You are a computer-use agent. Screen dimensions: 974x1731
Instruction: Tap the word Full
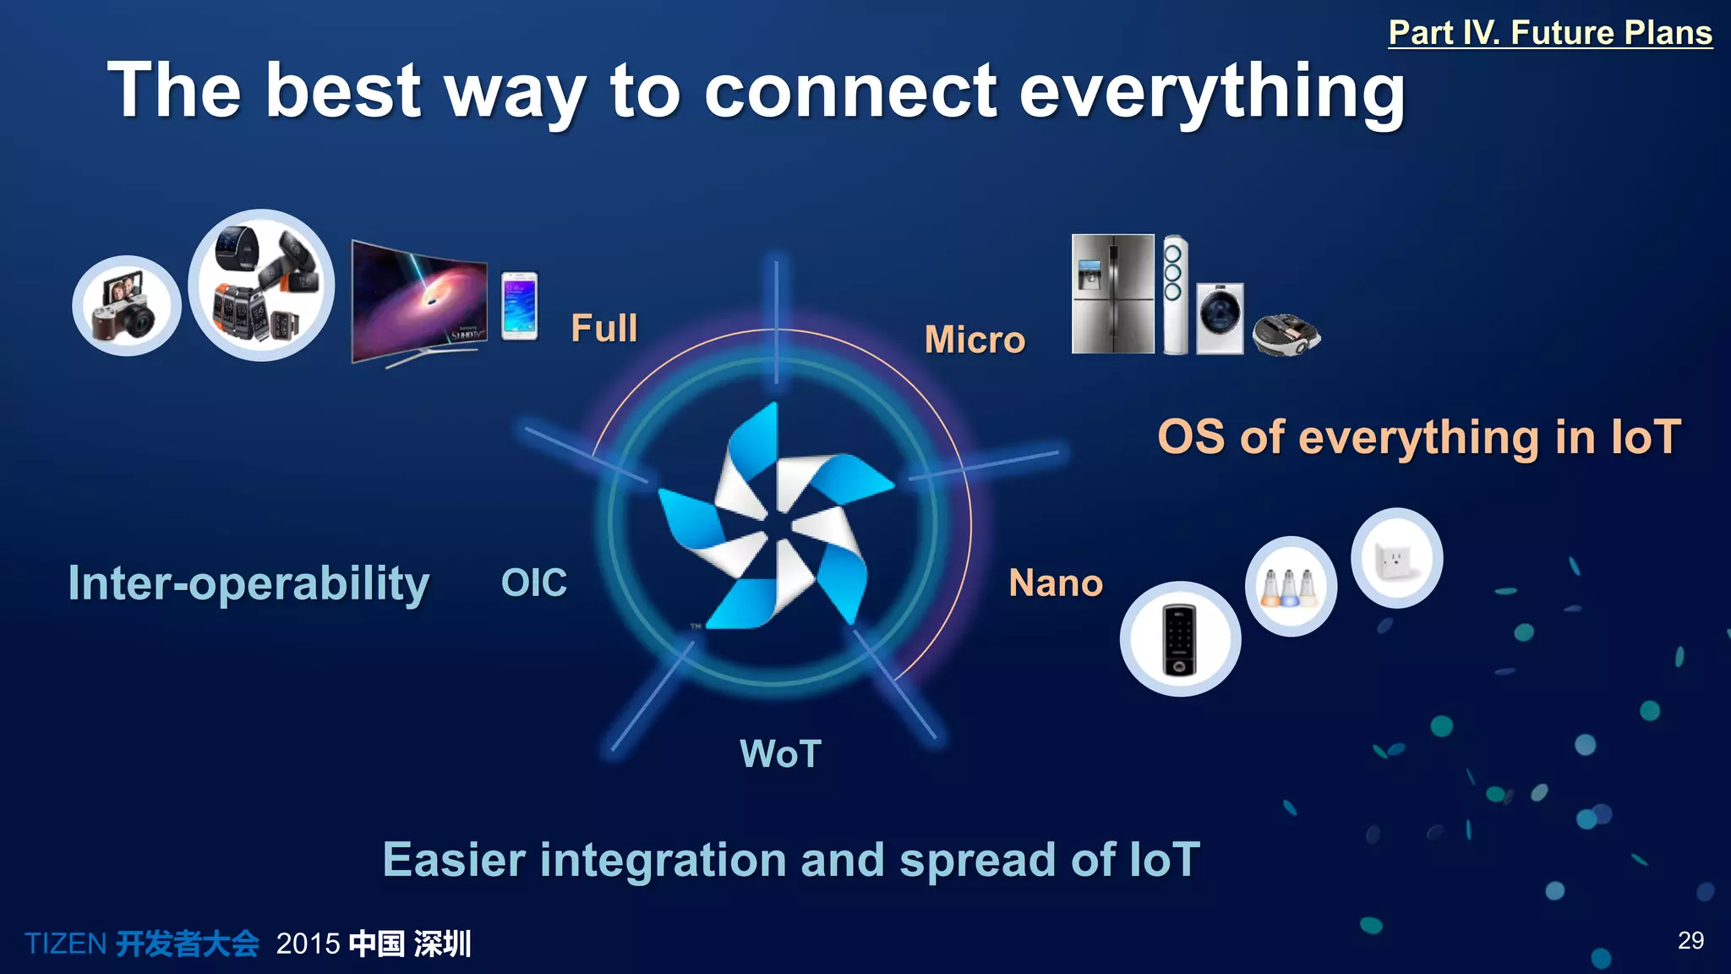(603, 328)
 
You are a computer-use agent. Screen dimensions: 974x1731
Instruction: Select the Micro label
(975, 340)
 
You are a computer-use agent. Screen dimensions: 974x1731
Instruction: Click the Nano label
(1056, 583)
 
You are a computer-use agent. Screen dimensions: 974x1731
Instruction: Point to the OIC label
(533, 583)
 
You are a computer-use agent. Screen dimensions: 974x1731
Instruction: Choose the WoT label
(780, 753)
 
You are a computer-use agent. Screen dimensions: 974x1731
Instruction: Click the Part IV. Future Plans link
(1549, 33)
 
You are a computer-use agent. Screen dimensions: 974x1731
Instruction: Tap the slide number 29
(1690, 940)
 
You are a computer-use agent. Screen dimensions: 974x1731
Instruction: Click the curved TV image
(418, 303)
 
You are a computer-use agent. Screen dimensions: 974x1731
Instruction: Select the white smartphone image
(519, 306)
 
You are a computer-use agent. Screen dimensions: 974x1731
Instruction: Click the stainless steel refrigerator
(1112, 293)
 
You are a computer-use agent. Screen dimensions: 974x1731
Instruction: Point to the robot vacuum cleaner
(1286, 335)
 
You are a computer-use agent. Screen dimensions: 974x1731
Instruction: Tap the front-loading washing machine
(1220, 318)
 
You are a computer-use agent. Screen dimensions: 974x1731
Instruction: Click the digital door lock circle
(1180, 639)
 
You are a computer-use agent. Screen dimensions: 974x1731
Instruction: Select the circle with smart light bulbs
(1290, 586)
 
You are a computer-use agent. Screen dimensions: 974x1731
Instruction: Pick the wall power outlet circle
(1396, 558)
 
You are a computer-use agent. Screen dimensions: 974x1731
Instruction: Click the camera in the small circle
(127, 306)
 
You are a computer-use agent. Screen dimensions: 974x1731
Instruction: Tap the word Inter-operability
(248, 583)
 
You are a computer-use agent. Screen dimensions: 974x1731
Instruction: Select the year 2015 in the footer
(308, 944)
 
